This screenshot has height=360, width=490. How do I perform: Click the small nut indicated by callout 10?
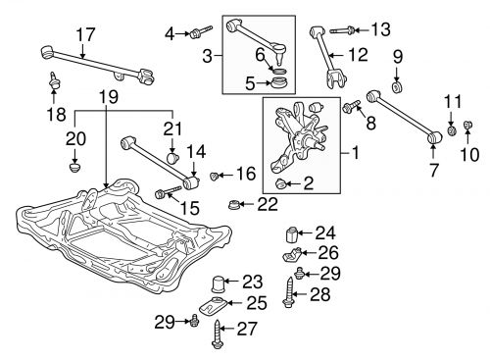point(466,126)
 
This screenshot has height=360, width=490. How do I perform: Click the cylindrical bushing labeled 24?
point(290,234)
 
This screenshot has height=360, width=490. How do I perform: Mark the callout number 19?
point(107,96)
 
